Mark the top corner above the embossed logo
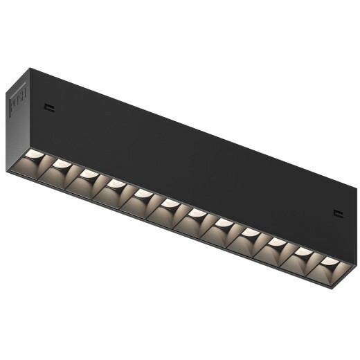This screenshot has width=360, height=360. point(29,68)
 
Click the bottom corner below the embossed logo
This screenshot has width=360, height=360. point(8,170)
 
